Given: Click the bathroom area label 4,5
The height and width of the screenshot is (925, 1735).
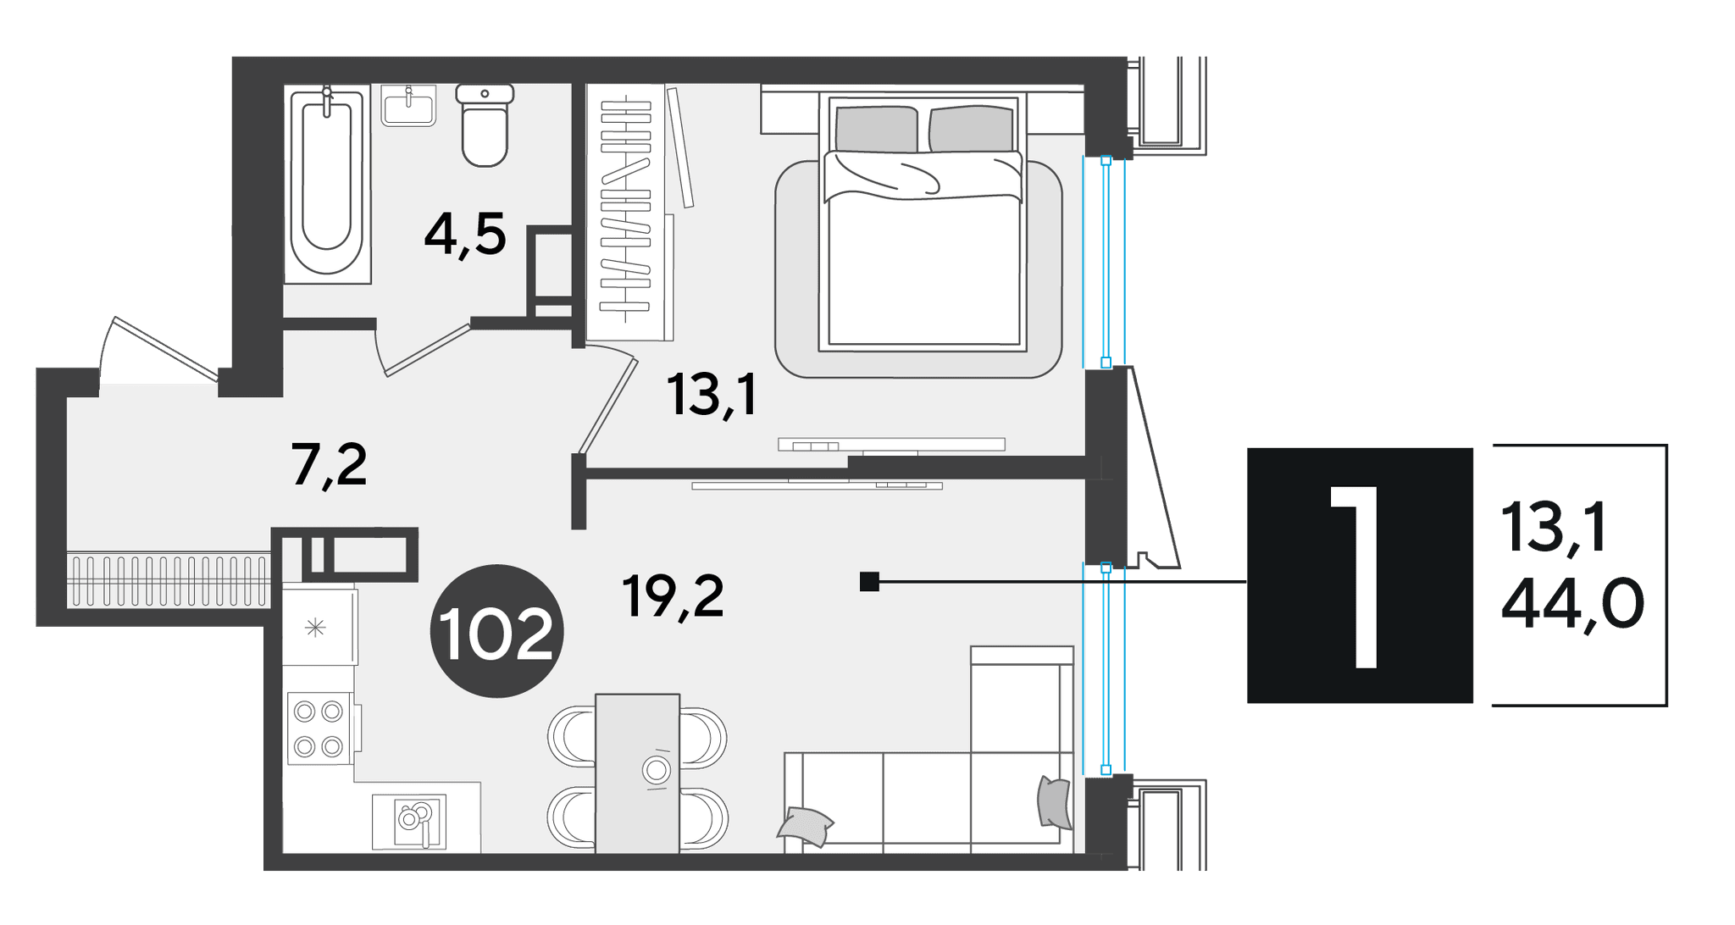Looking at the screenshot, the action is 465,235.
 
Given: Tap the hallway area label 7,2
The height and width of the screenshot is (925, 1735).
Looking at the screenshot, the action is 329,465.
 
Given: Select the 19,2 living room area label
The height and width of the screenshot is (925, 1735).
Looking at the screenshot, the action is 673,596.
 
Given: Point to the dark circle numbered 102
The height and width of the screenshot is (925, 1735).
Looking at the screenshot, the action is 497,631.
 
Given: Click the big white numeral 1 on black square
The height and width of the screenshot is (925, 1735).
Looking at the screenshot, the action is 1355,576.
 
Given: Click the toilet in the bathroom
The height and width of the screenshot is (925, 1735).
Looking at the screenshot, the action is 485,125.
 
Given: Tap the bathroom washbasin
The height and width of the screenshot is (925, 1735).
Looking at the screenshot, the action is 408,105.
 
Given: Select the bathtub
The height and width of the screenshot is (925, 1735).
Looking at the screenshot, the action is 327,183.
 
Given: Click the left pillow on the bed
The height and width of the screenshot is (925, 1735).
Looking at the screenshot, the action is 876,129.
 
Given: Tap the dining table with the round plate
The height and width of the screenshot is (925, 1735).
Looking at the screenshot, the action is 638,773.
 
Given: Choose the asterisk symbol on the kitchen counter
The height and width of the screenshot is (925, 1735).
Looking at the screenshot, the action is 315,628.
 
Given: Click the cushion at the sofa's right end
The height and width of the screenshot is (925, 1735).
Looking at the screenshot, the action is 1054,801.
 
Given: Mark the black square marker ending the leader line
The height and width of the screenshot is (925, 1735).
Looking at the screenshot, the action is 869,582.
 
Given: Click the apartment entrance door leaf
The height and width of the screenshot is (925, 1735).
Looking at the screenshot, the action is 164,348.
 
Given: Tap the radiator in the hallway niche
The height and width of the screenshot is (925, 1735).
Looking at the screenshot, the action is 169,580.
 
